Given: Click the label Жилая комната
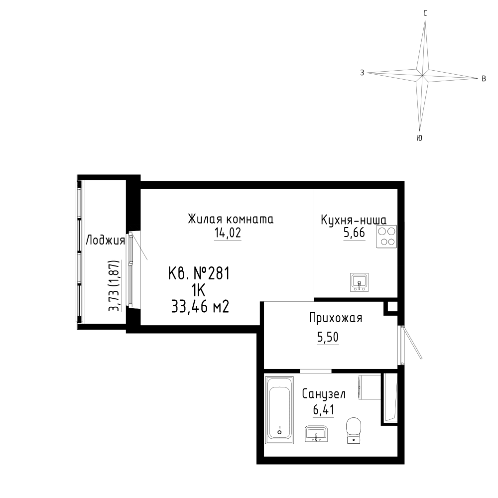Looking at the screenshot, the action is pos(231,219).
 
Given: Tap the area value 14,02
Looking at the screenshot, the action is pos(228,233).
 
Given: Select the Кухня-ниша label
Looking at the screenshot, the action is pos(354,220).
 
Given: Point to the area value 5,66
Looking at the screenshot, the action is pos(354,233).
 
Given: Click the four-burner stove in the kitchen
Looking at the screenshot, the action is pos(386,236).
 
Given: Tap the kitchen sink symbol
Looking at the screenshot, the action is pos(359,282).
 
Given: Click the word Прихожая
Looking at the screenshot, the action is pos(336,318).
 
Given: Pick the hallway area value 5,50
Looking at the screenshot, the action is pos(328,337).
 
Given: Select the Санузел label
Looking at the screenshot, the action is pos(324,394).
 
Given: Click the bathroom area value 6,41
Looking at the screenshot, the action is pos(324,410).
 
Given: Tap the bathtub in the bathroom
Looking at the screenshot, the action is pos(279,410).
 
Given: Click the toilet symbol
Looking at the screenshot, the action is pos(354,430).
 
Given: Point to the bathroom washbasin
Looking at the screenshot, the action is pos(316,434).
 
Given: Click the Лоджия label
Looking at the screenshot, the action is pos(106,241).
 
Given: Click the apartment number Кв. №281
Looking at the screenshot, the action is pos(199,273).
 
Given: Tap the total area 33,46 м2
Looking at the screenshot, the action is pos(200,307).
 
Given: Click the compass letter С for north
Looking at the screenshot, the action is pos(425,13).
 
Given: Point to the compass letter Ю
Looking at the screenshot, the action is pos(419,138).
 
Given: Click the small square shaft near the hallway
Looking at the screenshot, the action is pos(390,307).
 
